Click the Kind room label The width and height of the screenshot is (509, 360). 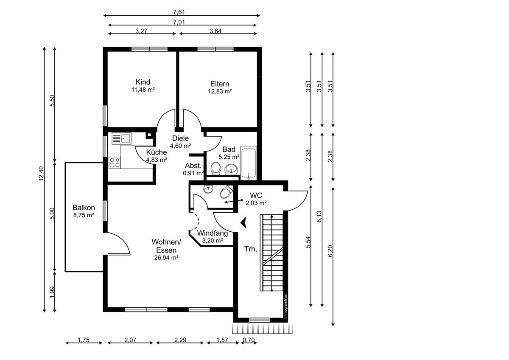tap(143, 82)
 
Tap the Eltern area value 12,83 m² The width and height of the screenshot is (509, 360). tap(220, 91)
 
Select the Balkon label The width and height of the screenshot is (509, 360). tap(84, 208)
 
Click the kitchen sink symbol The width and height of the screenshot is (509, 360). tap(121, 138)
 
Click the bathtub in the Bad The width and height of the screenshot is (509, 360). tap(249, 163)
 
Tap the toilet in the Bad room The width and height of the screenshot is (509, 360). tap(215, 169)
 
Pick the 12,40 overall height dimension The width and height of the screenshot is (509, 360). tap(41, 174)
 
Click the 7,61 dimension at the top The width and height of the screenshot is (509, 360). tap(179, 12)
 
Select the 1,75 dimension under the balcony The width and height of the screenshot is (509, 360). tap(84, 340)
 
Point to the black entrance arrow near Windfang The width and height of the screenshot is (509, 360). tap(243, 222)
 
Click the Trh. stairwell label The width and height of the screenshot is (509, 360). tap(251, 249)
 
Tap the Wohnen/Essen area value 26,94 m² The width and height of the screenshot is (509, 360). tap(166, 258)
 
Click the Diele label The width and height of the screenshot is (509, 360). tap(180, 138)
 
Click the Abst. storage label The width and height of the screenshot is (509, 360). tap(193, 165)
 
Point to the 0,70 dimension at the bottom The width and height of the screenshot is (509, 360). tap(249, 340)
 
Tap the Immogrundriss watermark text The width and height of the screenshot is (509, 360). tap(285, 307)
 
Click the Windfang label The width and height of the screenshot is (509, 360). tap(212, 233)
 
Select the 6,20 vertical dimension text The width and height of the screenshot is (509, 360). tap(330, 251)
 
